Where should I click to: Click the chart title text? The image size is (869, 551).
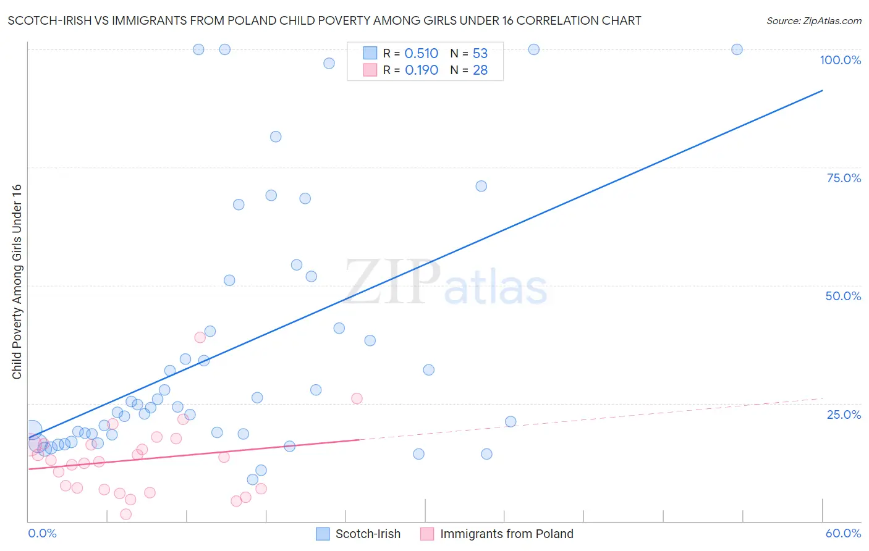tap(324, 20)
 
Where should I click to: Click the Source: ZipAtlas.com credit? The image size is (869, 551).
tap(813, 20)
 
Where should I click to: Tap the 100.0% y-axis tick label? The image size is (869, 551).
tap(840, 60)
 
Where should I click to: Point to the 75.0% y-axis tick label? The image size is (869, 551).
tap(844, 178)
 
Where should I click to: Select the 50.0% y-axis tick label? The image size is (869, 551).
tap(843, 296)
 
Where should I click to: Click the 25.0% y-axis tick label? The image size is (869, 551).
tap(844, 414)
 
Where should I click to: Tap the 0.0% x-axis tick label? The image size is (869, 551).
tap(42, 533)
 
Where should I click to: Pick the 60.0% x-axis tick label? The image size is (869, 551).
tap(843, 533)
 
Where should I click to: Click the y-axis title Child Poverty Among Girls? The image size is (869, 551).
tap(17, 282)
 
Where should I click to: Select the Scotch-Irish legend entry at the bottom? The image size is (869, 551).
tap(358, 534)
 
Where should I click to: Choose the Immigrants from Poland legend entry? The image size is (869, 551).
tap(497, 534)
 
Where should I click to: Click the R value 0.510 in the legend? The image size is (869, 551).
tap(421, 54)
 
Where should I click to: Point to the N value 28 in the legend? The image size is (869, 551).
tap(480, 70)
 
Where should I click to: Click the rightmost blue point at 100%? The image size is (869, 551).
tap(737, 49)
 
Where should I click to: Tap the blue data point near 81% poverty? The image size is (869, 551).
tap(276, 137)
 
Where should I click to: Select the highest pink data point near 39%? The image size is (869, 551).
tap(200, 337)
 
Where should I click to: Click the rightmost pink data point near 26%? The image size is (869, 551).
tap(357, 398)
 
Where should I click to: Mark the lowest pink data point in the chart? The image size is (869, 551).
tap(126, 514)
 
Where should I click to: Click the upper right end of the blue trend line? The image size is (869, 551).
tap(822, 91)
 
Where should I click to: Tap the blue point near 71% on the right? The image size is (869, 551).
tap(481, 186)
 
